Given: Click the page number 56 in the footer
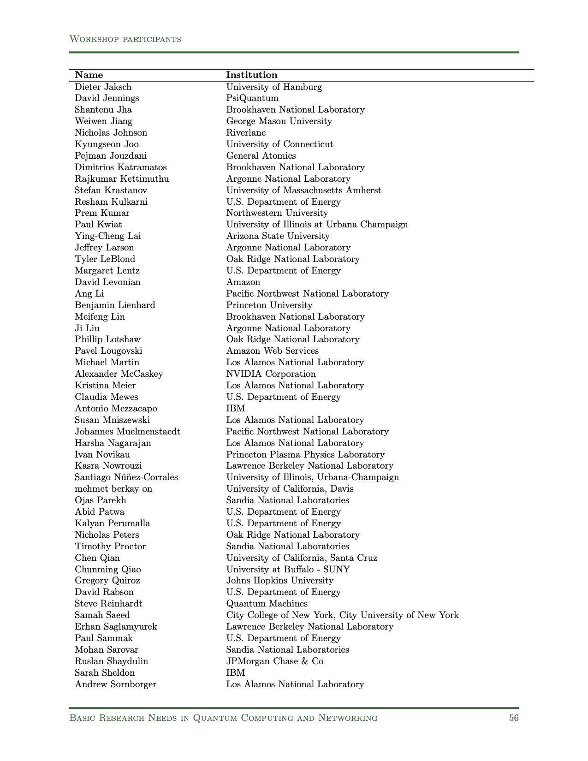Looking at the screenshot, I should click(513, 718).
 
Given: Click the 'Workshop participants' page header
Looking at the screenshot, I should click(125, 39).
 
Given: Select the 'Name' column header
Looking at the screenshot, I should click(89, 75).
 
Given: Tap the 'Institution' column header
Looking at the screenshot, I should click(251, 75).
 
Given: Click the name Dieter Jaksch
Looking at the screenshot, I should click(103, 87).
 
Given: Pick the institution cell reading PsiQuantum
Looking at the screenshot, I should click(252, 98).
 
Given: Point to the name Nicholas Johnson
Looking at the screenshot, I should click(111, 133).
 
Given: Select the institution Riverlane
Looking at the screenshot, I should click(246, 133).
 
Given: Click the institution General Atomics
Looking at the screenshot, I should click(261, 156).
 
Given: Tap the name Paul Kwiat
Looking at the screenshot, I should click(98, 225).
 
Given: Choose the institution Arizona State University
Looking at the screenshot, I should click(278, 236).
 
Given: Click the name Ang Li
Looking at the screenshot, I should click(89, 294).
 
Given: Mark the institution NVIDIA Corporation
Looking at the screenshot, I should click(271, 374).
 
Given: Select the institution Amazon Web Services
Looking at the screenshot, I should click(272, 351).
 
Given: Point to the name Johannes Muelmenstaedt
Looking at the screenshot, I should click(127, 432).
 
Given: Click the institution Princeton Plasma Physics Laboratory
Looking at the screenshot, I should click(305, 455).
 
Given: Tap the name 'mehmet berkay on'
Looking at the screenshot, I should click(113, 489).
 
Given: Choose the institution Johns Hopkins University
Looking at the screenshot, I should click(279, 581).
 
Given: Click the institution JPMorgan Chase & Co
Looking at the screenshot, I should click(274, 661).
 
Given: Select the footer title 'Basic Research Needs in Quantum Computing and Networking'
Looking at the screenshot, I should click(223, 718).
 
